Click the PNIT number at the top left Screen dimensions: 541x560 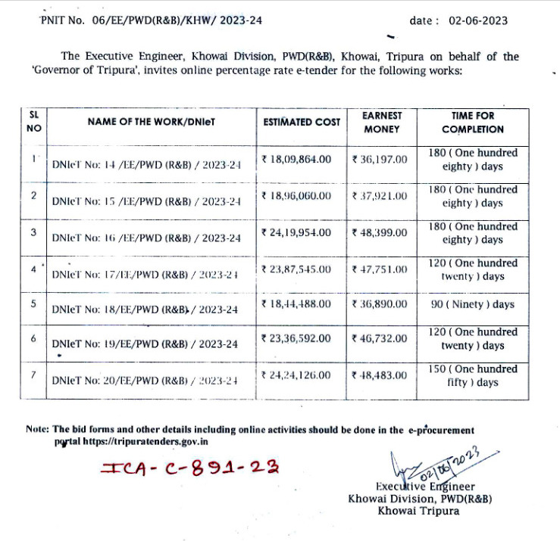pos(151,20)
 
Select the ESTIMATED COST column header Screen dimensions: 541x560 pos(302,122)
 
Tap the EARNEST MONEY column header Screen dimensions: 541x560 pos(382,122)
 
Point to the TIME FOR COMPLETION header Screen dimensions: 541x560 pos(472,122)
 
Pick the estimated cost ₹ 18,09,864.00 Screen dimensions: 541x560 pos(296,160)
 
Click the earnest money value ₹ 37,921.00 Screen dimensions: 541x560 pos(380,196)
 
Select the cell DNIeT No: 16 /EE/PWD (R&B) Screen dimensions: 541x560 pos(146,238)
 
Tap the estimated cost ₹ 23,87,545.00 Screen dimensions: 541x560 pos(296,269)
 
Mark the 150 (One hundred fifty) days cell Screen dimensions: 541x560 pos(472,375)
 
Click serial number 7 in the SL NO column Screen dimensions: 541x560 pos(33,372)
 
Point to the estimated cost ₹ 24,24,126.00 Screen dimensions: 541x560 pos(296,375)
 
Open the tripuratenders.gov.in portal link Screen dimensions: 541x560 pos(145,441)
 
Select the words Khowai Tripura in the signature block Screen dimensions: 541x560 pos(419,511)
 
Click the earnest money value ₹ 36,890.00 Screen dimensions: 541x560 pos(380,304)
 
